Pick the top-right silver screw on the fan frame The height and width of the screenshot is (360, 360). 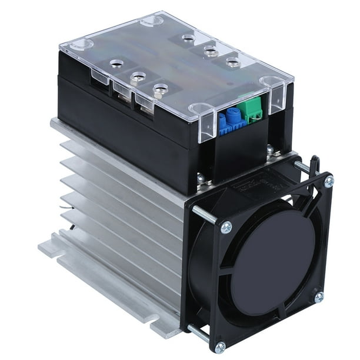pyautogui.click(x=329, y=181)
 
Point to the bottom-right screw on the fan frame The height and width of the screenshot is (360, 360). pyautogui.click(x=318, y=297)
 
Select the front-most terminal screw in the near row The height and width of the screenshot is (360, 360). pyautogui.click(x=158, y=89)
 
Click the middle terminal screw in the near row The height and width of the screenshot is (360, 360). pyautogui.click(x=137, y=76)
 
